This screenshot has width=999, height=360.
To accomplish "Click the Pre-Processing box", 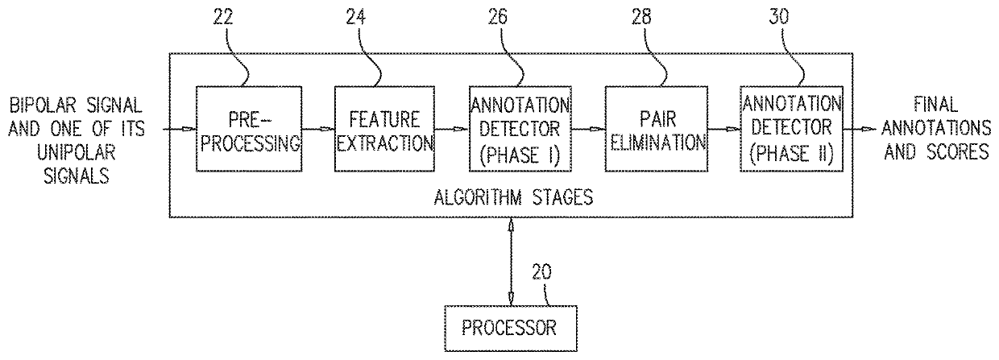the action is (249, 129).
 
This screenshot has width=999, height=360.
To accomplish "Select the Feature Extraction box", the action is (384, 129).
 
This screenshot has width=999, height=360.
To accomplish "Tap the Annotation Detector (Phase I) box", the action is (520, 129).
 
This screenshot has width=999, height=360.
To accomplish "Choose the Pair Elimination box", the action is (656, 129).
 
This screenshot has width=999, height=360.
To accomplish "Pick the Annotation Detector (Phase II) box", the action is (792, 129).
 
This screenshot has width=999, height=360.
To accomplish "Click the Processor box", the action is (511, 329).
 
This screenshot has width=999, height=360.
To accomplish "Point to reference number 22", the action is (223, 17).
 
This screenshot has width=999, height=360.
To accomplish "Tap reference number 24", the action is (356, 17).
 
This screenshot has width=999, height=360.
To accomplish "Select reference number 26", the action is (498, 17).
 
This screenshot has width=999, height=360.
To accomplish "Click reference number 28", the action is (641, 17).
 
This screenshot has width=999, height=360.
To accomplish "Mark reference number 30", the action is (779, 17).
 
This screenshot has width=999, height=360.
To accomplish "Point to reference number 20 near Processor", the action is (541, 271).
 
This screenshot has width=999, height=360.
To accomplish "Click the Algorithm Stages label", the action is (513, 197).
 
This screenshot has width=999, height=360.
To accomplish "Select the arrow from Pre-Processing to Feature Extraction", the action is (318, 130).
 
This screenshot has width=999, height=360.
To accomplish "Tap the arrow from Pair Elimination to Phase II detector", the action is (723, 130).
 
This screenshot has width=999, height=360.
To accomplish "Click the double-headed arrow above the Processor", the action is (511, 262).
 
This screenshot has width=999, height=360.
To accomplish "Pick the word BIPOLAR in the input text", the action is (43, 106).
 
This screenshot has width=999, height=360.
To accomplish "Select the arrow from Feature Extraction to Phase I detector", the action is (452, 130).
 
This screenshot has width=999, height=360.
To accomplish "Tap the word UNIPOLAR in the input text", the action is (77, 153).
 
